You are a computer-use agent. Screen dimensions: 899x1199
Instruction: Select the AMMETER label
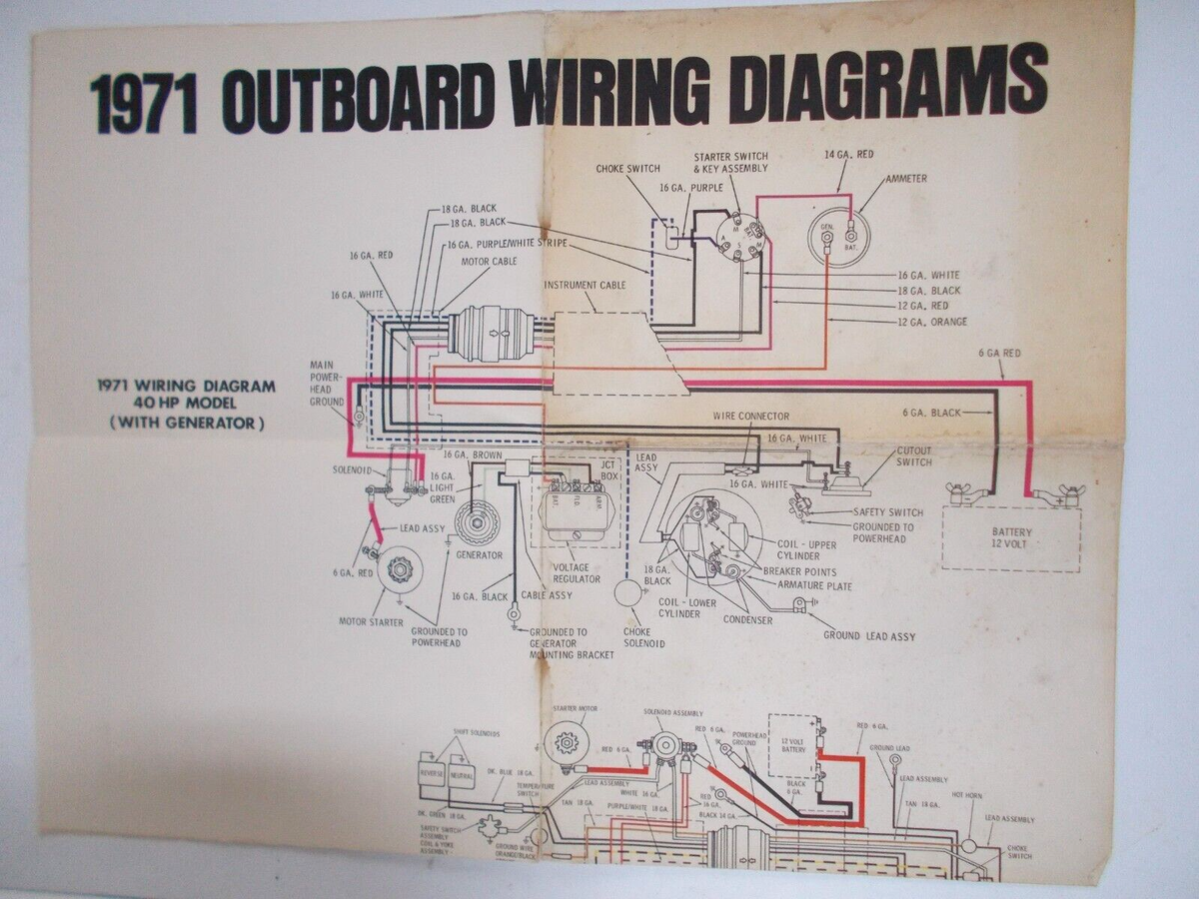click(905, 179)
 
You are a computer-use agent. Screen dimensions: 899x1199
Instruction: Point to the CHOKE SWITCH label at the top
click(627, 169)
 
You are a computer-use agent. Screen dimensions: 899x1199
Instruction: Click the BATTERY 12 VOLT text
click(1011, 538)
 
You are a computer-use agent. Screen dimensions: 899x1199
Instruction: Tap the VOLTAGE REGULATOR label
click(577, 573)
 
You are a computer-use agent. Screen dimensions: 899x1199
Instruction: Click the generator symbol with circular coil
click(477, 522)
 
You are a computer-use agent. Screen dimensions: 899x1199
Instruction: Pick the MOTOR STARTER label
click(371, 622)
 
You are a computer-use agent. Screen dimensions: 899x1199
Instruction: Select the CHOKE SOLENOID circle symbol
click(627, 593)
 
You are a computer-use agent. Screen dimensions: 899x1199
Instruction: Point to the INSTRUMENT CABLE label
click(585, 285)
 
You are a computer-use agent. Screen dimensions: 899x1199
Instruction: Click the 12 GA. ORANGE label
click(932, 322)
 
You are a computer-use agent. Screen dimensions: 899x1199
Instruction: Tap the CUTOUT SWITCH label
click(913, 456)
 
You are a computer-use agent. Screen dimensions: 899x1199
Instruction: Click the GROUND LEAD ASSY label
click(868, 635)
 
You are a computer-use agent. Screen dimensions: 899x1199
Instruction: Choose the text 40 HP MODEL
click(187, 404)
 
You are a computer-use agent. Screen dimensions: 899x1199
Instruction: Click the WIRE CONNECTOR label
click(750, 416)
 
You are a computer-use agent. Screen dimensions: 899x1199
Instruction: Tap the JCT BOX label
click(608, 469)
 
